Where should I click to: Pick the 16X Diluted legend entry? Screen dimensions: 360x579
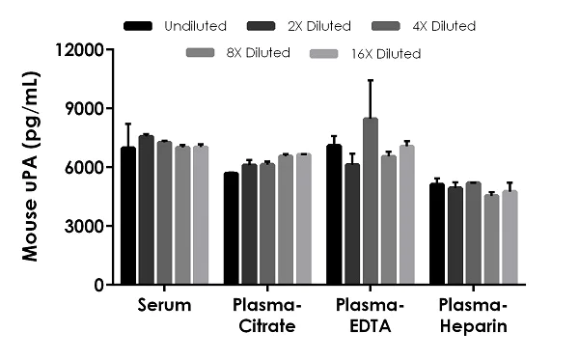(x=383, y=53)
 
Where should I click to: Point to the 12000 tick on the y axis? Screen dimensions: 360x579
(x=76, y=49)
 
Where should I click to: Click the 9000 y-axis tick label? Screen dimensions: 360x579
(x=81, y=108)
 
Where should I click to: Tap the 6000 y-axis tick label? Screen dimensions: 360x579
(x=81, y=167)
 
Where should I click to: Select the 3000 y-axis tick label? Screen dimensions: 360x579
(x=81, y=226)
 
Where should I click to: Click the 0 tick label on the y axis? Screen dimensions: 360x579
(x=96, y=285)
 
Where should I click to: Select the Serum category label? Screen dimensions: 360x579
(x=164, y=306)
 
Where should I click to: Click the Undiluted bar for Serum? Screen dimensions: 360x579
(x=128, y=216)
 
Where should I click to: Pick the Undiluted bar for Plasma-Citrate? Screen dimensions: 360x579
(x=232, y=229)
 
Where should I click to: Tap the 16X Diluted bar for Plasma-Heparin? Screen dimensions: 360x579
(x=510, y=238)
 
